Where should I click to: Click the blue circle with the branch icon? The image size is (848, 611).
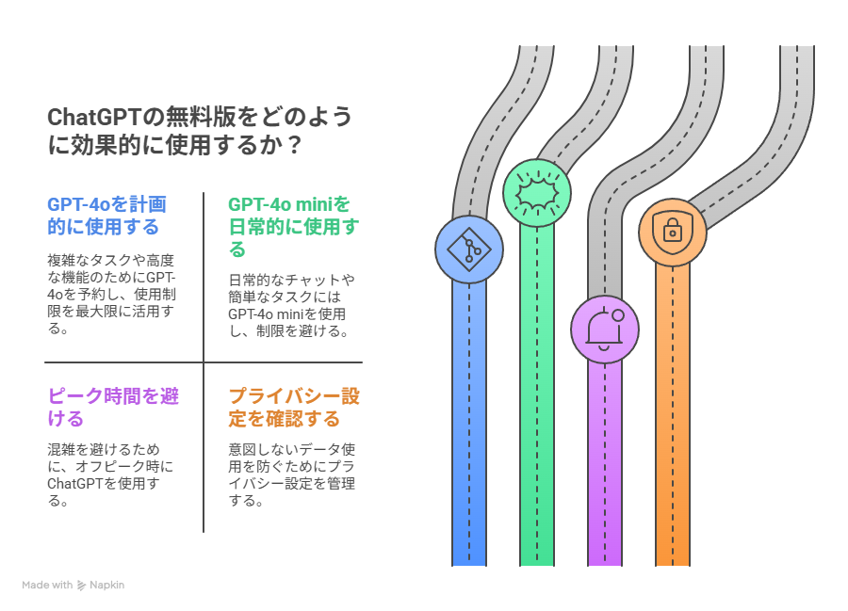pyautogui.click(x=469, y=249)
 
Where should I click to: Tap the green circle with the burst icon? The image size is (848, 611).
pyautogui.click(x=536, y=193)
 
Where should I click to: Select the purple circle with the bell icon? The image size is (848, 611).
pyautogui.click(x=605, y=329)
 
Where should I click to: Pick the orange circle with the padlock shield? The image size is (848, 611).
pyautogui.click(x=672, y=233)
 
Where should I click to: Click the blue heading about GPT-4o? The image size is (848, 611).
pyautogui.click(x=106, y=216)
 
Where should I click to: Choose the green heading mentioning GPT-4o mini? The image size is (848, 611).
pyautogui.click(x=294, y=227)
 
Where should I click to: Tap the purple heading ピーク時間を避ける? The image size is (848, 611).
pyautogui.click(x=113, y=408)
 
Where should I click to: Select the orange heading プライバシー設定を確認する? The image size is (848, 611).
pyautogui.click(x=294, y=408)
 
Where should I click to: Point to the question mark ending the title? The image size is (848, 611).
pyautogui.click(x=294, y=145)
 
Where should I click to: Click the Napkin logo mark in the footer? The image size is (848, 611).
pyautogui.click(x=81, y=585)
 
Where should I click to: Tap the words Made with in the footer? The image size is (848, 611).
pyautogui.click(x=47, y=585)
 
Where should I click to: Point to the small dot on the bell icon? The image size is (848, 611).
pyautogui.click(x=618, y=315)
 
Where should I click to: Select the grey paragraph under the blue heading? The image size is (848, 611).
pyautogui.click(x=111, y=295)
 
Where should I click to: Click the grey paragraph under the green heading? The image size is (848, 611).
pyautogui.click(x=291, y=305)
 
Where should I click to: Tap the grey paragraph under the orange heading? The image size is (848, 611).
pyautogui.click(x=291, y=474)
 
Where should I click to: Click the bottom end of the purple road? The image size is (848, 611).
pyautogui.click(x=605, y=565)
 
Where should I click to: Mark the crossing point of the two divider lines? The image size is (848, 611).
pyautogui.click(x=204, y=362)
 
